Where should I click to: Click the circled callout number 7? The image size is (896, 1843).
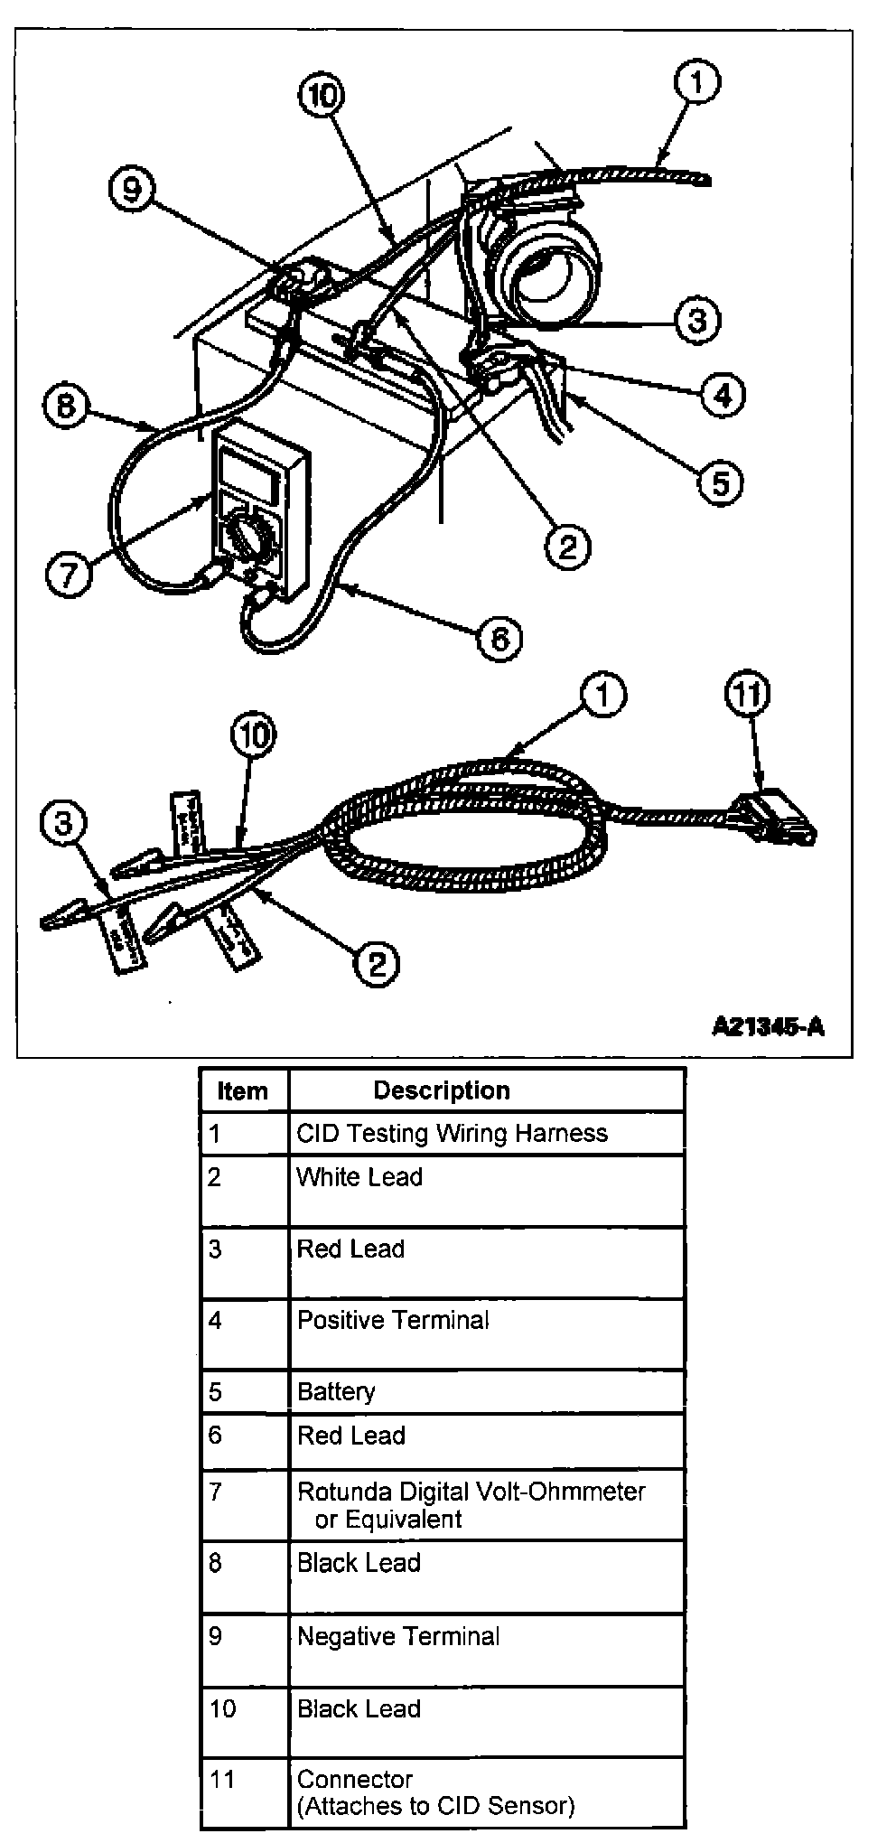(x=69, y=574)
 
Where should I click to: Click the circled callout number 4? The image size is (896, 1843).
(x=723, y=394)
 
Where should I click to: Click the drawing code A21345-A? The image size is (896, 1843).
(x=768, y=1026)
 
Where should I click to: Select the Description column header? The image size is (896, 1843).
(x=442, y=1090)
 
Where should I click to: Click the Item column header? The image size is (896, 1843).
(x=243, y=1090)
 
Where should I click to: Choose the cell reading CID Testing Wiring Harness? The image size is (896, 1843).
(x=452, y=1133)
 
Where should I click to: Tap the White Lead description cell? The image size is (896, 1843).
(x=359, y=1177)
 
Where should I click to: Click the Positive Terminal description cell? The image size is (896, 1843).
(x=393, y=1320)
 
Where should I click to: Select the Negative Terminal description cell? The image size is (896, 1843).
(x=398, y=1636)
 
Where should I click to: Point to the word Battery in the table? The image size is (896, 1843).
(x=336, y=1391)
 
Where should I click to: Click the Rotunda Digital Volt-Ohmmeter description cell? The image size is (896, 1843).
(x=471, y=1504)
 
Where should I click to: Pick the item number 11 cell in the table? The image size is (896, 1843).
(x=222, y=1780)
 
